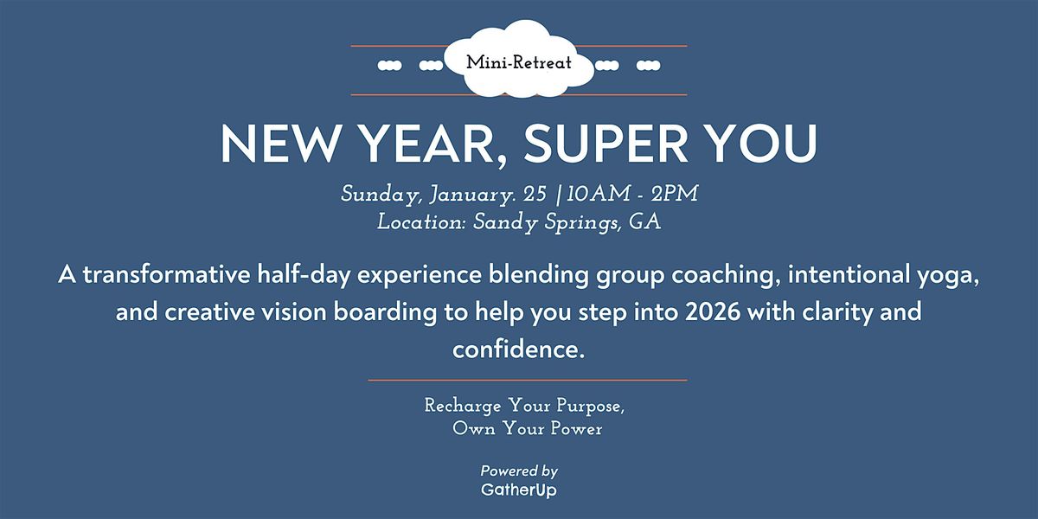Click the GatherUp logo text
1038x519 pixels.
point(519,490)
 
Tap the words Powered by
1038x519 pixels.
point(519,471)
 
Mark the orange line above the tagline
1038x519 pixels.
point(528,380)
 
